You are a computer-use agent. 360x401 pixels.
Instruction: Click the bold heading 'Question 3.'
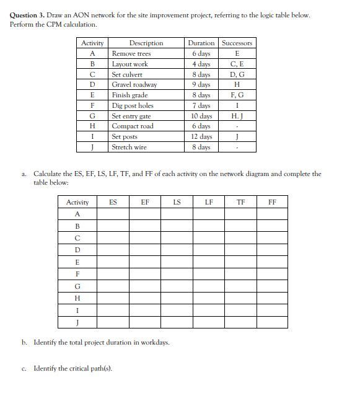point(28,15)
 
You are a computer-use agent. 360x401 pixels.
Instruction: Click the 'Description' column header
point(146,43)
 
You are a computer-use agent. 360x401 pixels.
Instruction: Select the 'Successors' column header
point(237,43)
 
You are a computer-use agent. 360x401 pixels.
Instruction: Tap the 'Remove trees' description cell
point(131,53)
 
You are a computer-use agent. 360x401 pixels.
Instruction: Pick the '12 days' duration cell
point(201,136)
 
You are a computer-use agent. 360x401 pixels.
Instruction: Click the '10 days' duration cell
point(201,116)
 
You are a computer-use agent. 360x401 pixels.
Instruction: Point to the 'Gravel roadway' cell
point(134,84)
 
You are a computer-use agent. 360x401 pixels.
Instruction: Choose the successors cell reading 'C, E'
point(237,64)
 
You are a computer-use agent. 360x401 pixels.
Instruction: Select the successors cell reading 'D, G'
point(237,74)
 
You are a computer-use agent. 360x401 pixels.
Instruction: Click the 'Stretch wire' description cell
point(130,147)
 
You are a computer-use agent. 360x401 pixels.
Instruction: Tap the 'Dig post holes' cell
point(133,105)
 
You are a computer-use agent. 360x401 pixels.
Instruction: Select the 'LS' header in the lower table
point(177,202)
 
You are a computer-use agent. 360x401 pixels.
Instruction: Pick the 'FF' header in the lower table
point(273,202)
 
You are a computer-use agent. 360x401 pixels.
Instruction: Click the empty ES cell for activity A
point(113,214)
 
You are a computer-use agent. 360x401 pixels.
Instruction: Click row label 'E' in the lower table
point(77,262)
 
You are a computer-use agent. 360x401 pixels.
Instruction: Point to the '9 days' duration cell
point(201,84)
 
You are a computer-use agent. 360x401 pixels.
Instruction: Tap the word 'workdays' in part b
point(154,342)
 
